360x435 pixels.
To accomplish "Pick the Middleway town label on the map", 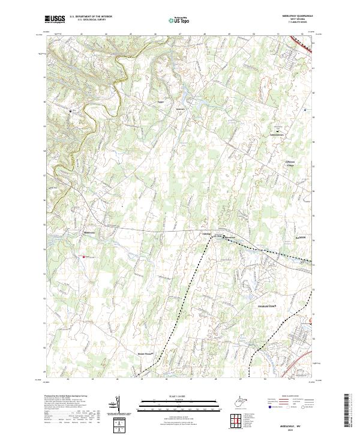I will pyautogui.click(x=89, y=233).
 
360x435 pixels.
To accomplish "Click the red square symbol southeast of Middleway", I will pyautogui.click(x=83, y=257).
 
